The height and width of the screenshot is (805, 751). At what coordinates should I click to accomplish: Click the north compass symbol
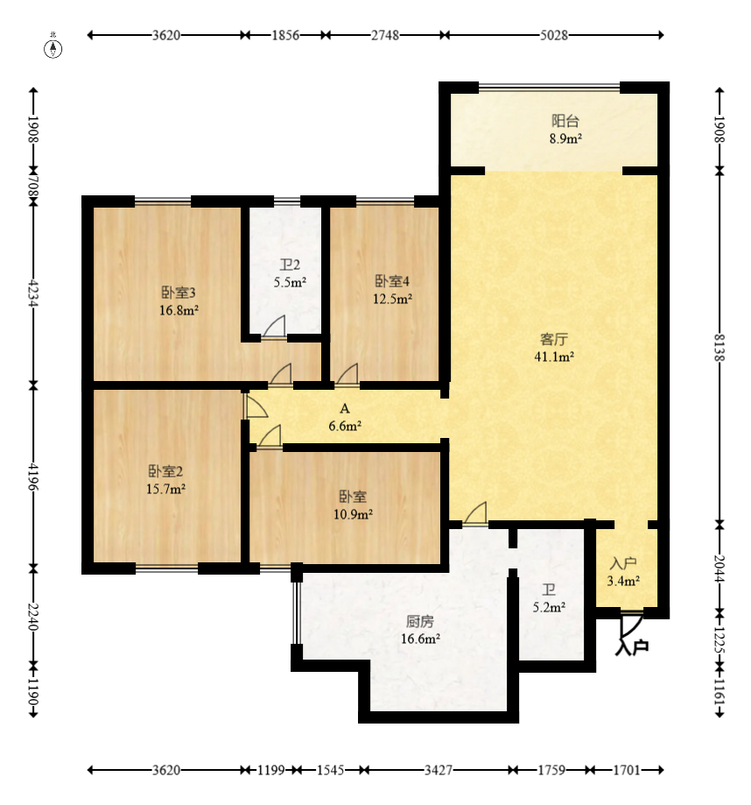point(53,48)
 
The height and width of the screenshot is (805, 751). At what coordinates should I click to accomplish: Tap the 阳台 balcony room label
point(565,121)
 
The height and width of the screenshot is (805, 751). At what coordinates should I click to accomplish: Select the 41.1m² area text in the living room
point(554,357)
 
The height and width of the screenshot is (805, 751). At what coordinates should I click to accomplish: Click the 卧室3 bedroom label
point(179,293)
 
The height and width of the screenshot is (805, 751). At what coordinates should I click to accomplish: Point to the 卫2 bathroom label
point(290,265)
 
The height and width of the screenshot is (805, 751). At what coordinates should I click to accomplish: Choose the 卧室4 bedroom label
point(392,281)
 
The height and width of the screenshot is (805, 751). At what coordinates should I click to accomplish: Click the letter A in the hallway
point(345,409)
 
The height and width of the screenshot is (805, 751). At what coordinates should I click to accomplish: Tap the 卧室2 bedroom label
point(165,471)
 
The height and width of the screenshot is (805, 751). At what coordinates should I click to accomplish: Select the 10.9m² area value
point(353,514)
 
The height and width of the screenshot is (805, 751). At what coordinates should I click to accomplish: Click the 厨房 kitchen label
point(420,622)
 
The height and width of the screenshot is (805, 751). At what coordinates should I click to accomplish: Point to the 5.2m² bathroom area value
point(549,607)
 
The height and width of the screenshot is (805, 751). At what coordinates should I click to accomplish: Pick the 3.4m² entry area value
point(623,581)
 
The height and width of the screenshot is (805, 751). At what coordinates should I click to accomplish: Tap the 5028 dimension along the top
point(554,35)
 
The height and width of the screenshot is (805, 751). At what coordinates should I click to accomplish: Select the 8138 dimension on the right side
point(719,348)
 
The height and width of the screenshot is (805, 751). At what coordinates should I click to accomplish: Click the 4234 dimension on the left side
point(33,293)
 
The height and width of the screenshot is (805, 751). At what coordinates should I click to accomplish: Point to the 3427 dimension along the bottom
point(439,770)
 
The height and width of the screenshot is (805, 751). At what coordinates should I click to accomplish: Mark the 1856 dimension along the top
point(285,35)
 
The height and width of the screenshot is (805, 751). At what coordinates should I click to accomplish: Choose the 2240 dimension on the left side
point(33,617)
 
